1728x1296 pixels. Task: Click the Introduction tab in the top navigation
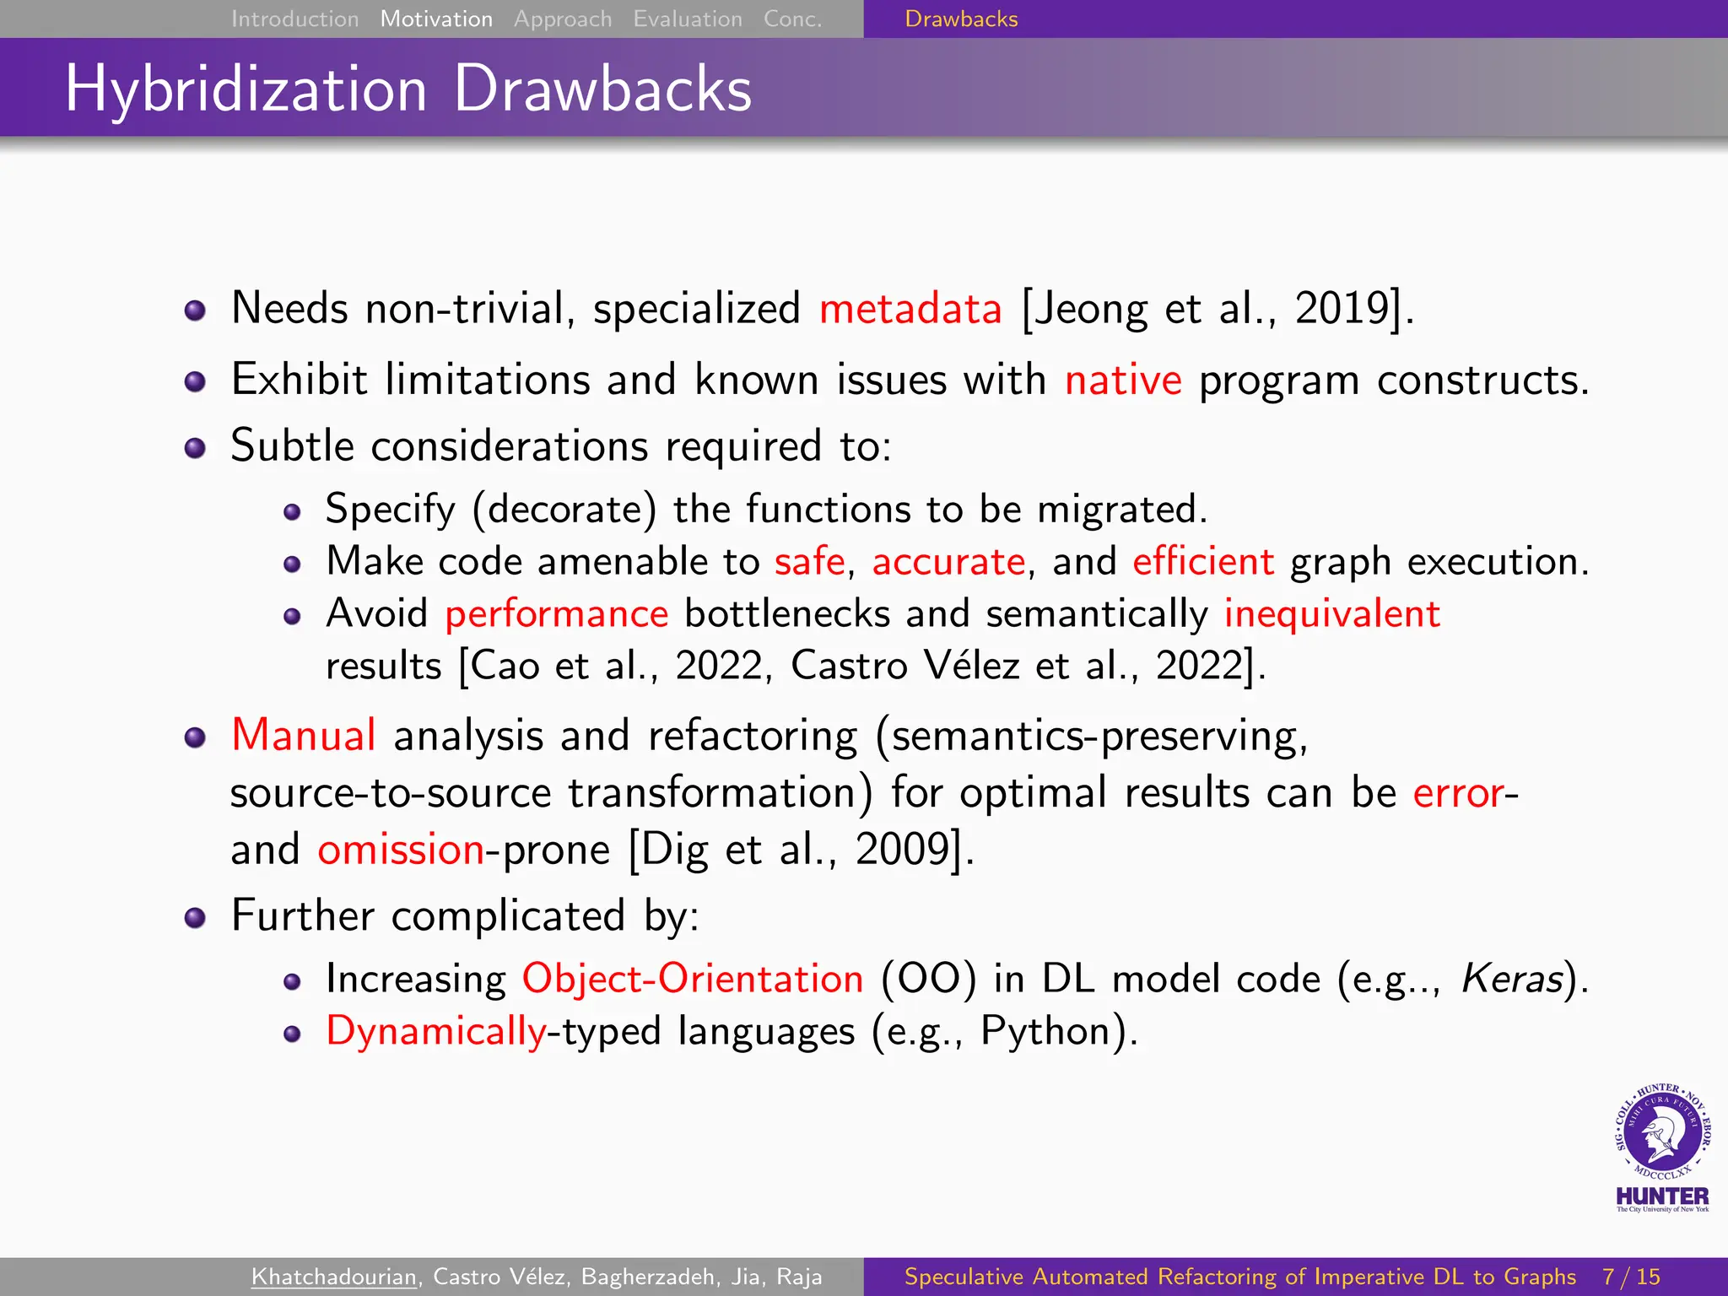point(294,19)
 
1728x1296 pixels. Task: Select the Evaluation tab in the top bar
point(687,19)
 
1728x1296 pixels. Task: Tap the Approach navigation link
point(563,19)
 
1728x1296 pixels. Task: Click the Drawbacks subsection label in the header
point(961,19)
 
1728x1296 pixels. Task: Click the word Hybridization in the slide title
point(246,89)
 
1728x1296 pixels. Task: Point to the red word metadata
point(910,309)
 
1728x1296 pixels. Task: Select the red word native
point(1122,381)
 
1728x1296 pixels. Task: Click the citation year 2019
point(1342,309)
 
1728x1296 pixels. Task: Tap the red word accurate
point(948,562)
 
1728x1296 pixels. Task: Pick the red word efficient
point(1202,562)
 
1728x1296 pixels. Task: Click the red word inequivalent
point(1331,614)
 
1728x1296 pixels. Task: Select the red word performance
point(557,614)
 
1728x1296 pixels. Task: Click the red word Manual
point(304,735)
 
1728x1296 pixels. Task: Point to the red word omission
point(401,850)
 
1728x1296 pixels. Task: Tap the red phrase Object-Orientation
point(693,980)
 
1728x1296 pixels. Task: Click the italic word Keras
point(1512,980)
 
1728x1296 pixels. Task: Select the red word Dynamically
point(436,1032)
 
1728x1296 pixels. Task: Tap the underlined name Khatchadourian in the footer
point(334,1277)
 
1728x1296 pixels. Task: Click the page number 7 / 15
point(1631,1277)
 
